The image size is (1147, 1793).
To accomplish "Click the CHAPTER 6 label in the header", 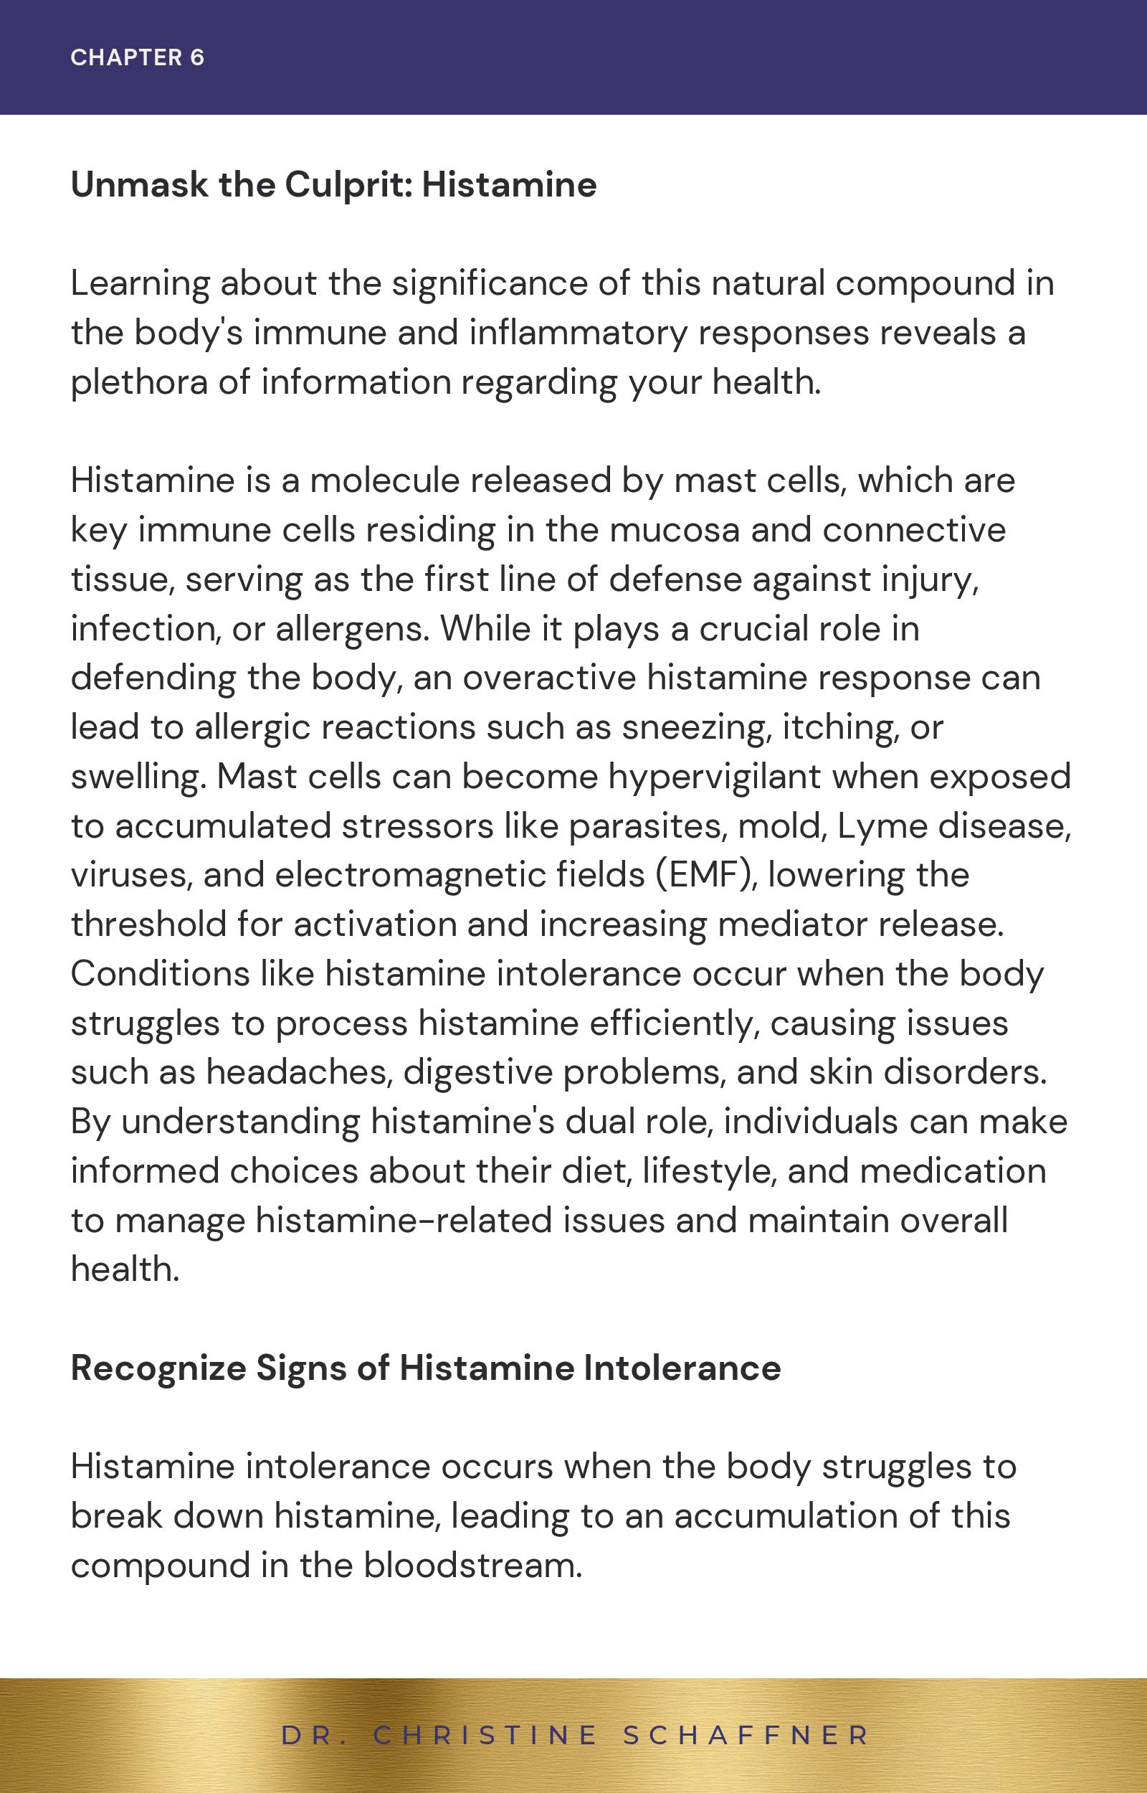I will pyautogui.click(x=137, y=57).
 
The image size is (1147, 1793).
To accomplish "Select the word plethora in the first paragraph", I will pyautogui.click(x=139, y=382).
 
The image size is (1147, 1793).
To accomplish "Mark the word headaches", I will pyautogui.click(x=299, y=1072).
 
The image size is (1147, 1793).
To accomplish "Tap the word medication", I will pyautogui.click(x=953, y=1170).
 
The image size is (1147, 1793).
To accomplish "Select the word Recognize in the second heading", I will pyautogui.click(x=158, y=1368).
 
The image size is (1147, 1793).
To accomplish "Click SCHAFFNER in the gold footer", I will pyautogui.click(x=746, y=1735).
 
